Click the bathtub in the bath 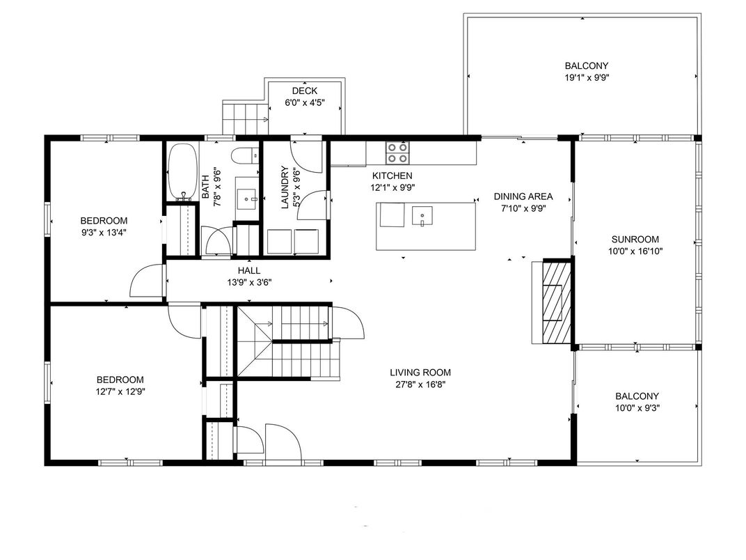[182, 171]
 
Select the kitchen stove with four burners [398, 151]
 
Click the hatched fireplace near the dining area [555, 301]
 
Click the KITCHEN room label [392, 176]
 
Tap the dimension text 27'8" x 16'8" [420, 384]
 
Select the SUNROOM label [630, 239]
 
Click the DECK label [304, 91]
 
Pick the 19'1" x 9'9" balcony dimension [586, 78]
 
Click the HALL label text [248, 270]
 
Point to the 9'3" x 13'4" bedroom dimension [104, 233]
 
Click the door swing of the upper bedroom [144, 282]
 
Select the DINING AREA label [523, 196]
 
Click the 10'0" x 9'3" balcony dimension [637, 407]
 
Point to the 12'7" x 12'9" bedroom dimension [120, 391]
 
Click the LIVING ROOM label [420, 372]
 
